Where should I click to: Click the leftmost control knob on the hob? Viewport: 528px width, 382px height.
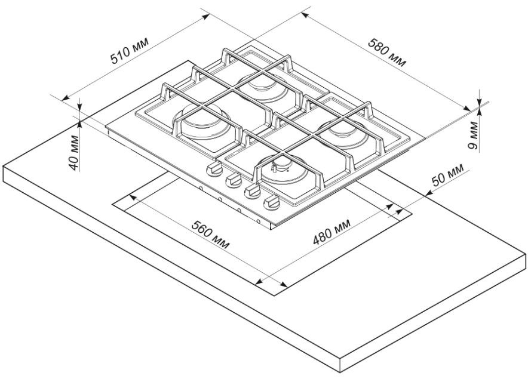[x=213, y=171]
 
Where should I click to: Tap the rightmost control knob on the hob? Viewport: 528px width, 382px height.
[x=272, y=203]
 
